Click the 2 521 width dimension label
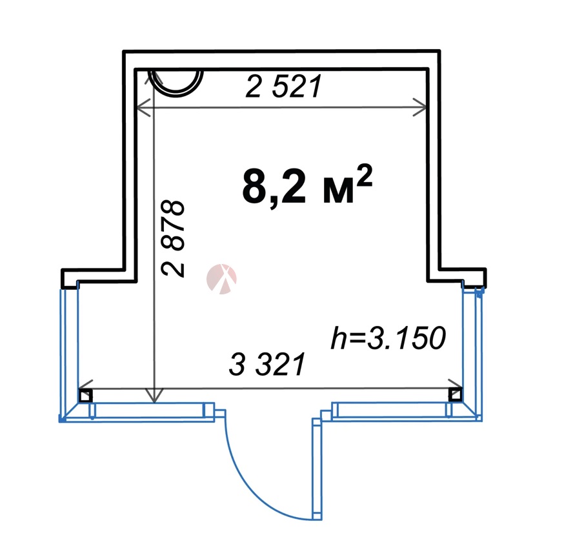click(283, 86)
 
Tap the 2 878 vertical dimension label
click(173, 238)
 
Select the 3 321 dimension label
click(267, 364)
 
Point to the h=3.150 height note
click(388, 338)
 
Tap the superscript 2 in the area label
click(364, 174)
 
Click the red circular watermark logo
click(221, 279)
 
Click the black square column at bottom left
click(86, 395)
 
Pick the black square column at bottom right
click(455, 394)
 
